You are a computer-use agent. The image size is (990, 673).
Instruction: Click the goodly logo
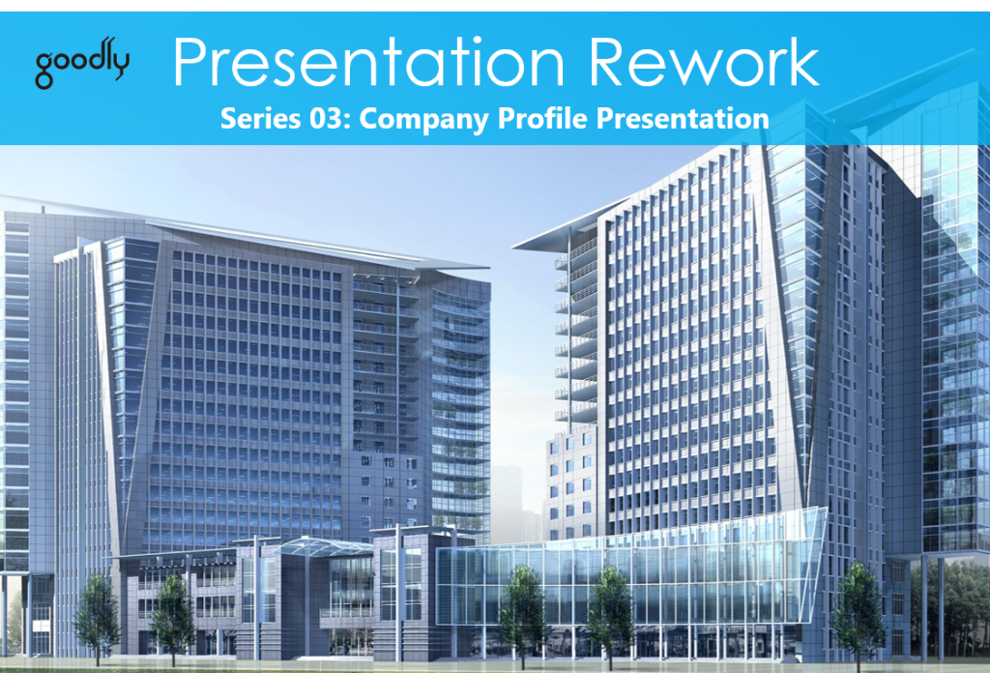click(x=82, y=65)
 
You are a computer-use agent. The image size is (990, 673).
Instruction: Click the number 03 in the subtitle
click(x=323, y=120)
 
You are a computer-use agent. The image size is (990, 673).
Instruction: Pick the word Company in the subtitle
click(x=414, y=120)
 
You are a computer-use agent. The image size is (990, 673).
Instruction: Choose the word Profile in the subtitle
click(x=527, y=120)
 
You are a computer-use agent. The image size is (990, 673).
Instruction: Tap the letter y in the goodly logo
click(x=120, y=66)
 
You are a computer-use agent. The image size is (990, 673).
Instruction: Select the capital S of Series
click(x=229, y=120)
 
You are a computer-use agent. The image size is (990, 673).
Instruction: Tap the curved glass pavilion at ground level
click(x=628, y=571)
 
